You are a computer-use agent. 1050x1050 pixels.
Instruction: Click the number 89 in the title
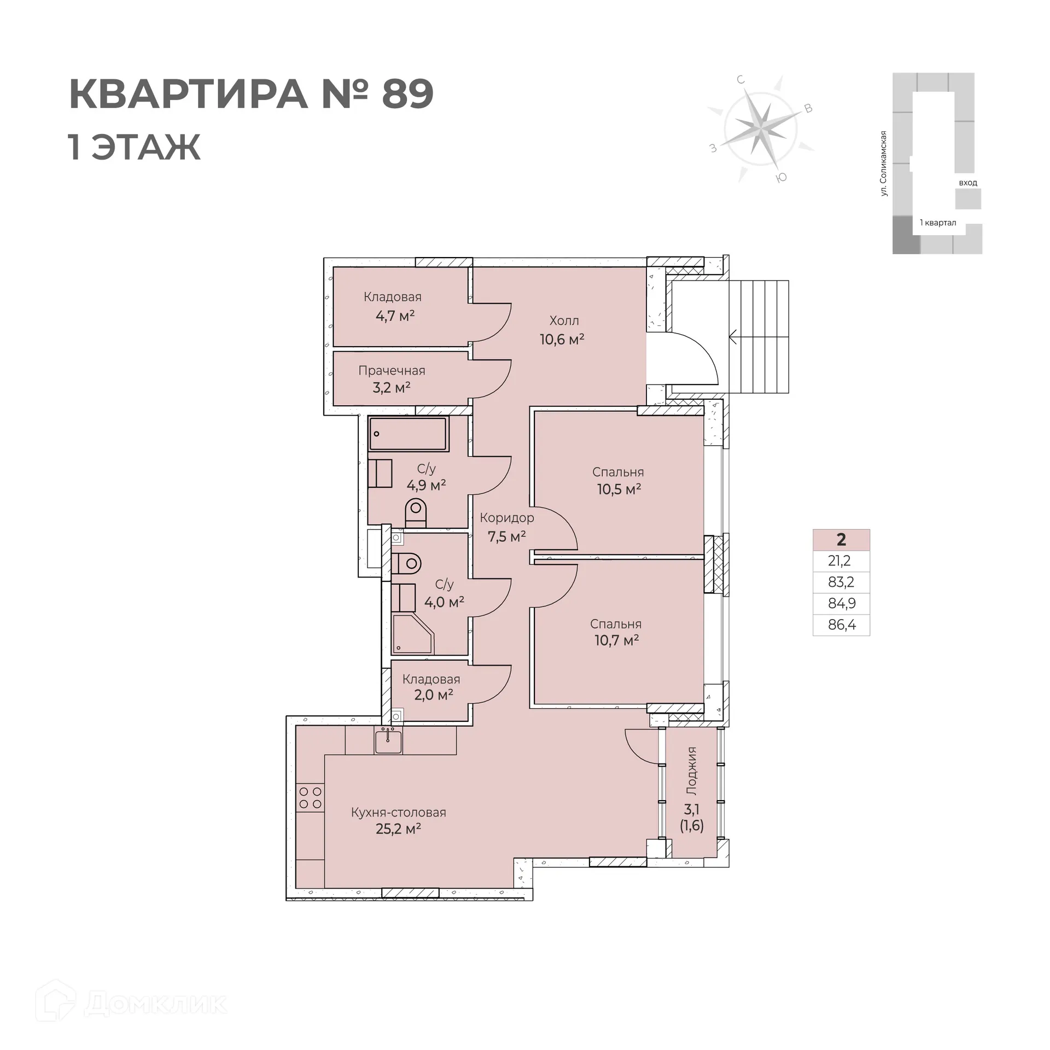point(407,95)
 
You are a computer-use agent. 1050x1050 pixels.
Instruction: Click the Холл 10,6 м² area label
point(563,330)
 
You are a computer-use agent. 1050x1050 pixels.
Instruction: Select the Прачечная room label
point(392,371)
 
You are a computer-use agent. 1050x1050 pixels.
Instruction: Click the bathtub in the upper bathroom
point(408,434)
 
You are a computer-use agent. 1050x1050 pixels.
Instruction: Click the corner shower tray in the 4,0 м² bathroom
point(412,634)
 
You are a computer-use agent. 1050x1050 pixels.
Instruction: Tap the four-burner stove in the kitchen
point(310,797)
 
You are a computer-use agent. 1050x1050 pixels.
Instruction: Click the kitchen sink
point(388,742)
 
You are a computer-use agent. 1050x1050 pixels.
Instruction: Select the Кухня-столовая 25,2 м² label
point(398,820)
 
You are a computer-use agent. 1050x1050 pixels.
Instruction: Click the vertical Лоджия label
point(692,771)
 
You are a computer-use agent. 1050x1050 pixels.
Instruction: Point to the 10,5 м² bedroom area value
point(619,489)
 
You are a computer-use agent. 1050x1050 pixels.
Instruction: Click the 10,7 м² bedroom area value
point(617,640)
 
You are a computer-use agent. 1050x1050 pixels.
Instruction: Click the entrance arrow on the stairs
point(733,337)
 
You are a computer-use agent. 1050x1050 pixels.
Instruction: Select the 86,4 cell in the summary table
point(841,625)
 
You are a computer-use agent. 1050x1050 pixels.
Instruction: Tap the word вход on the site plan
point(967,183)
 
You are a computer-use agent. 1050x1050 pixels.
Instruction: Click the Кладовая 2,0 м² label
point(431,687)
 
